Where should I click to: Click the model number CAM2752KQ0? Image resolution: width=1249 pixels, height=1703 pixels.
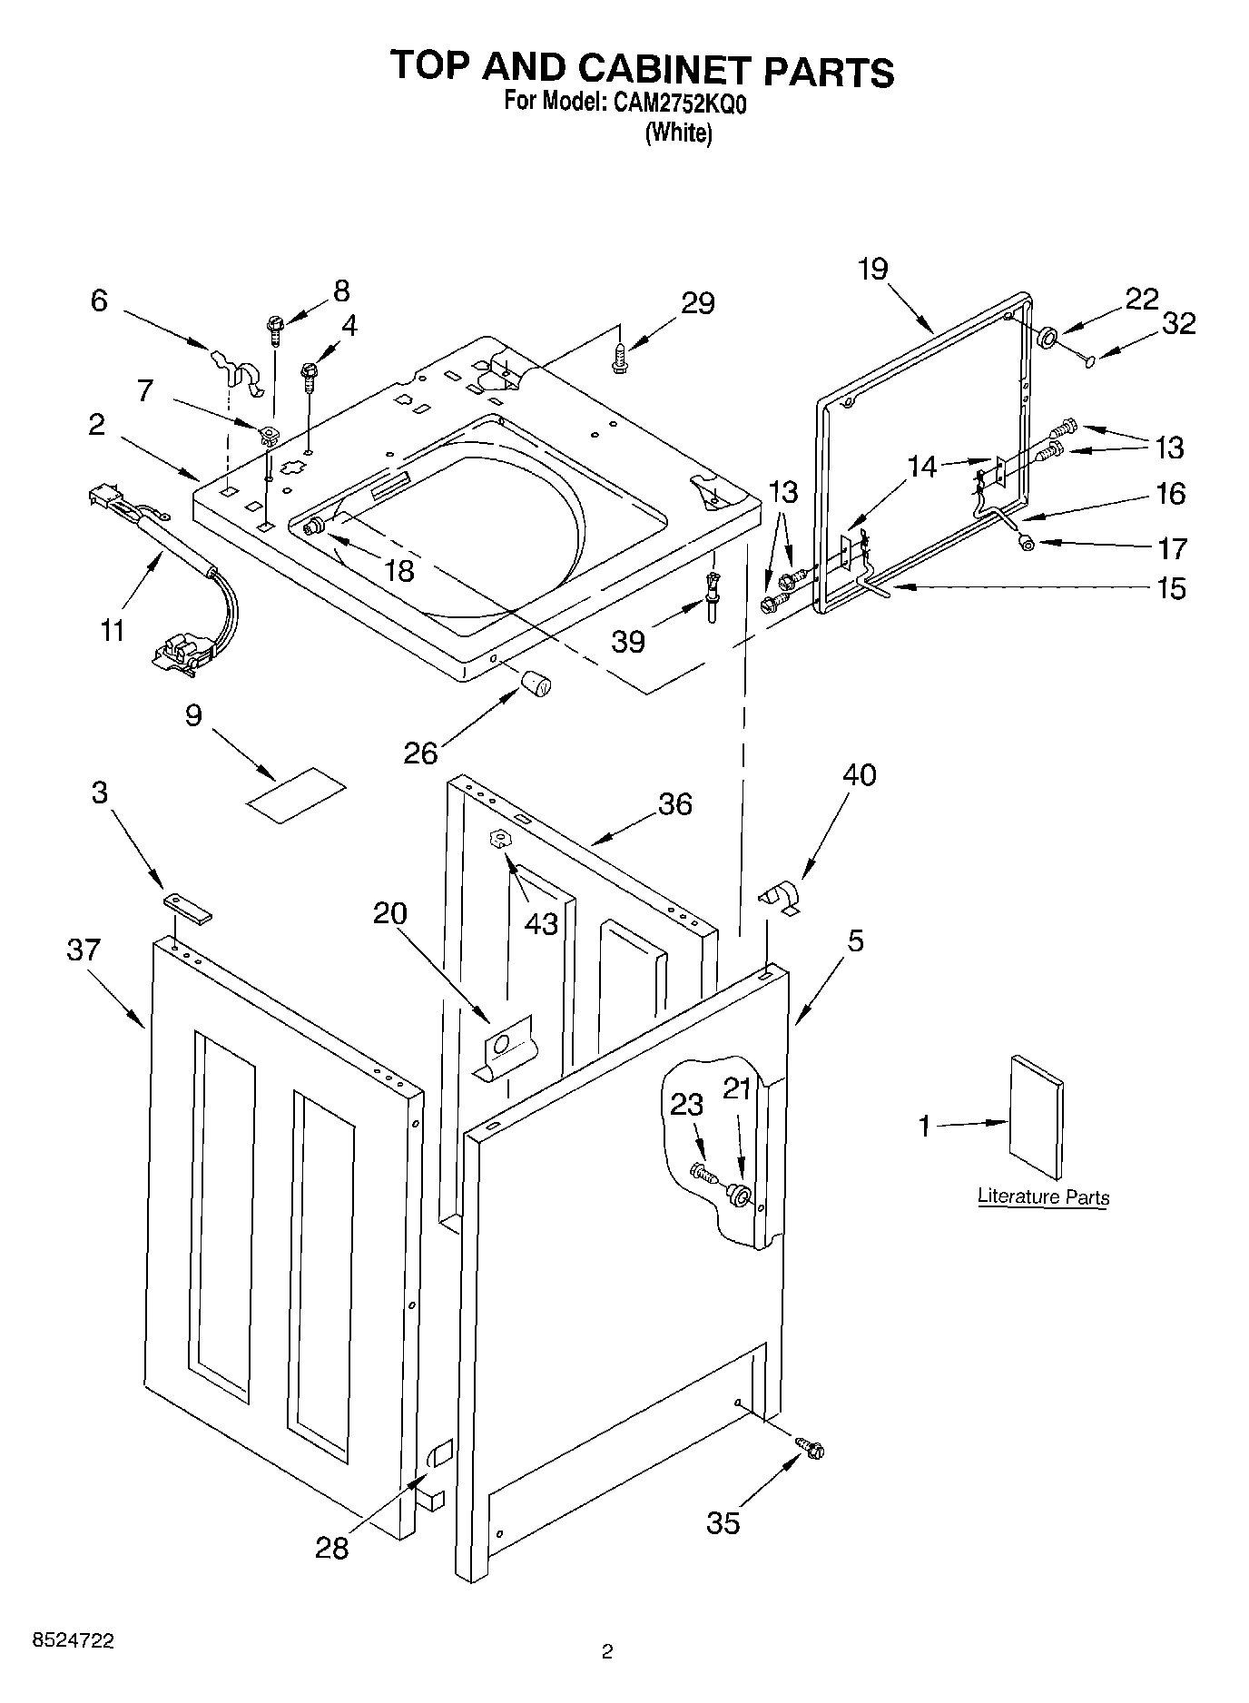[679, 103]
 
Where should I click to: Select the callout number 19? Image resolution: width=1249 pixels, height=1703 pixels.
[872, 270]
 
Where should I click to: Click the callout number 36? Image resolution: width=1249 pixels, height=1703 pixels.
[674, 803]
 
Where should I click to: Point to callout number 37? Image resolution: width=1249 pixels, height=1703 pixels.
[83, 950]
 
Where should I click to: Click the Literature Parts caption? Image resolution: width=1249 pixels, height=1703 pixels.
[1043, 1196]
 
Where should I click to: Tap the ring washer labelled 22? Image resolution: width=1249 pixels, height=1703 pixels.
[1046, 338]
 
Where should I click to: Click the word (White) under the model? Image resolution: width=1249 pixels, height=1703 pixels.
[678, 133]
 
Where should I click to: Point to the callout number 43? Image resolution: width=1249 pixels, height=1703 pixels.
[542, 922]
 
